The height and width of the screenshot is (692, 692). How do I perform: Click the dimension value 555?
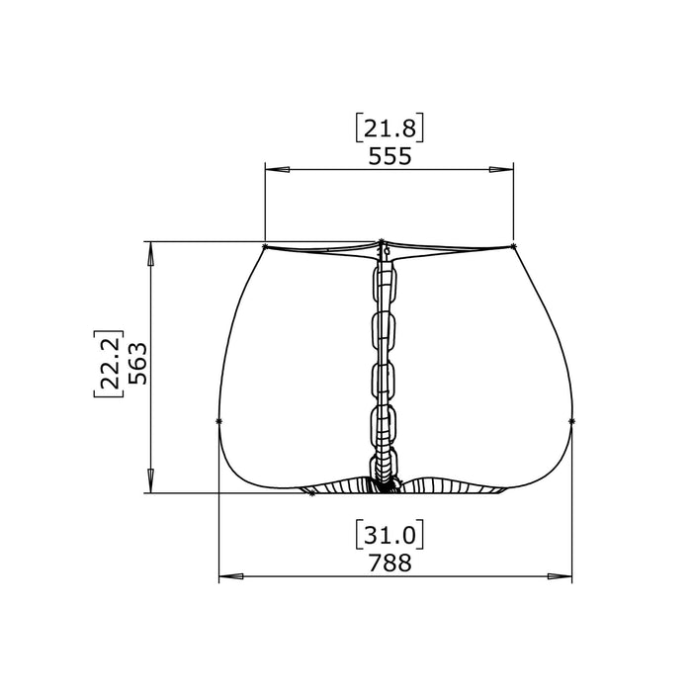tap(389, 156)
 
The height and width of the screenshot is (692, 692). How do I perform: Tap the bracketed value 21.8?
tap(389, 129)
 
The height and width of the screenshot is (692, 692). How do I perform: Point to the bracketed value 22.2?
tap(109, 364)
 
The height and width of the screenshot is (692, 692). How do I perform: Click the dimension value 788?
tap(389, 563)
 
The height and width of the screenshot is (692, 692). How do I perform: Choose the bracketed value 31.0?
tap(389, 536)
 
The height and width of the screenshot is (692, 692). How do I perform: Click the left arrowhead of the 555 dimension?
tap(277, 169)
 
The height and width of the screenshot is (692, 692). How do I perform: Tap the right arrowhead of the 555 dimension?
tap(501, 169)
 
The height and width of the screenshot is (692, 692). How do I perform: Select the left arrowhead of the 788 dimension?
tap(231, 576)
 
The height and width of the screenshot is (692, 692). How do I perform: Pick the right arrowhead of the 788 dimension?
tap(560, 576)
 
